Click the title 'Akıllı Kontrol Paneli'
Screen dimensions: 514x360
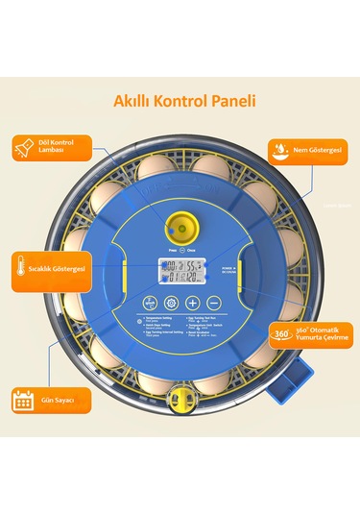(x=180, y=99)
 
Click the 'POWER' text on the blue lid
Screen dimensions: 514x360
(x=224, y=267)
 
